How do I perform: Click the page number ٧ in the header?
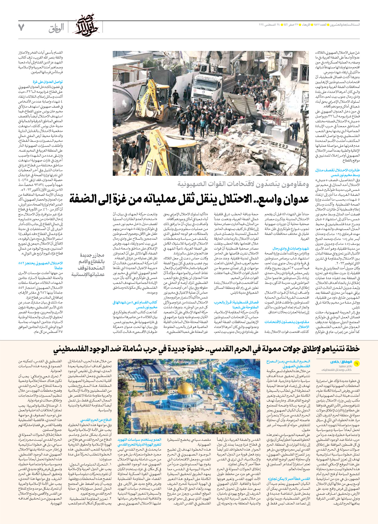coord(21,27)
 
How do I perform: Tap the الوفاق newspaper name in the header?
coord(56,28)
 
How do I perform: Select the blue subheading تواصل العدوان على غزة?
coord(48,82)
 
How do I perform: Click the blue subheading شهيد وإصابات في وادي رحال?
coord(291,248)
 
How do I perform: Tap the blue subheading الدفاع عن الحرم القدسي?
coord(96,420)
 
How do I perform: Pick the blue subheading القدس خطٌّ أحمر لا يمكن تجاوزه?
coord(289,479)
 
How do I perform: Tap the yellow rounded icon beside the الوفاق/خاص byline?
coord(356,364)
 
